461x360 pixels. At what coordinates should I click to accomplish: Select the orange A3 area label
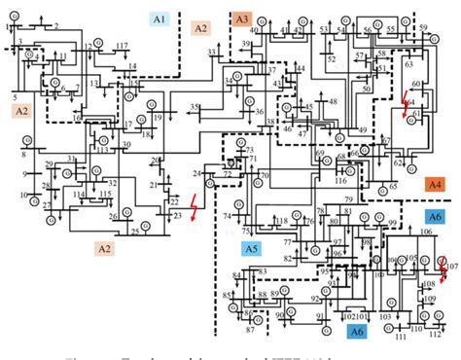point(241,19)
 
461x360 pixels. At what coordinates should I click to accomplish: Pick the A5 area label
point(252,249)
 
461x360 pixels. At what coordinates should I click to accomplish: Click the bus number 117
point(122,47)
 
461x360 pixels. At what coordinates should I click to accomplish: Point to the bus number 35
point(195,107)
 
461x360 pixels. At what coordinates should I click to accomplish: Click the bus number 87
point(249,331)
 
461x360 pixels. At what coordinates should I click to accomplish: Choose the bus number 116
point(340,181)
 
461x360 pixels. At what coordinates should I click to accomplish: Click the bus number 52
point(331,59)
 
